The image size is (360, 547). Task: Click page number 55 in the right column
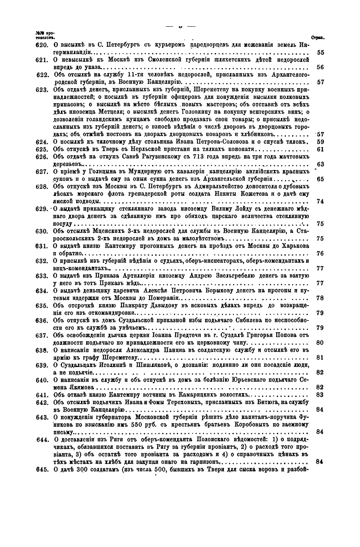pos(320,53)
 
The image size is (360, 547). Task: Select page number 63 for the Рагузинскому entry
pos(320,164)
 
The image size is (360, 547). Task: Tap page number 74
pos(320,201)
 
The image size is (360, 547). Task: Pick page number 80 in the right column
pos(320,343)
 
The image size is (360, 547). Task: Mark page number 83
pos(320,395)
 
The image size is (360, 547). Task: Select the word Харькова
pos(295,246)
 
